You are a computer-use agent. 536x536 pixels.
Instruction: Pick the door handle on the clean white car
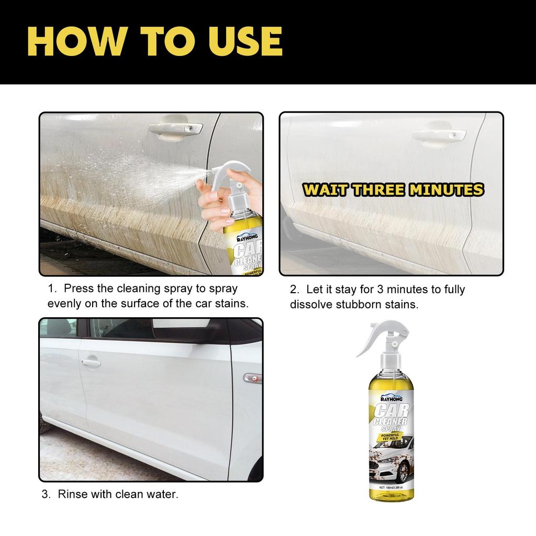click(90, 362)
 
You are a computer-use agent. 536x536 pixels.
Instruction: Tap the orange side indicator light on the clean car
click(253, 377)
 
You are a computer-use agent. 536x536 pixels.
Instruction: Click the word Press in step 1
click(79, 289)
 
